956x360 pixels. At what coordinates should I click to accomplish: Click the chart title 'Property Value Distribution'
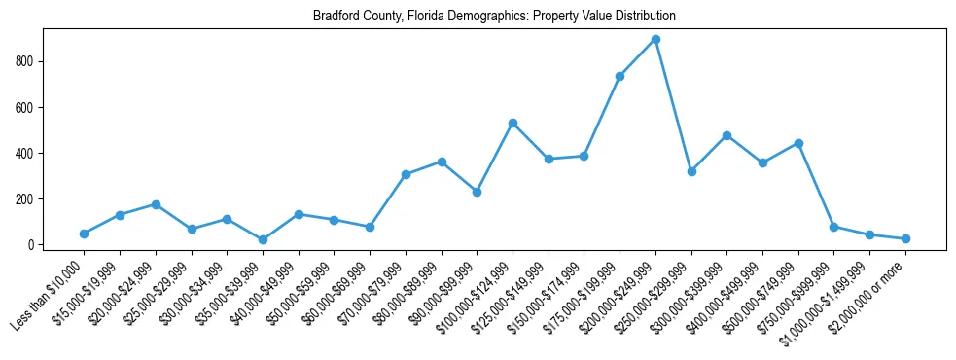494,17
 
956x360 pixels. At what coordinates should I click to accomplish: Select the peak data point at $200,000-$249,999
655,40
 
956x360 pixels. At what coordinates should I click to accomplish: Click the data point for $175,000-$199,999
620,76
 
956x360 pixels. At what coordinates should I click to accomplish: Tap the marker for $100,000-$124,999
513,124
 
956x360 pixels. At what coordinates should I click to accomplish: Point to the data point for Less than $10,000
84,234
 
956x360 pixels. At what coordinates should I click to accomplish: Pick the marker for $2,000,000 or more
905,238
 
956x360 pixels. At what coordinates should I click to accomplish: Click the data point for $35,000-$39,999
263,239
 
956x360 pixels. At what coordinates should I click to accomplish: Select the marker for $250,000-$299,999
691,171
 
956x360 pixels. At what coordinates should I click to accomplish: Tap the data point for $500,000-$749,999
798,143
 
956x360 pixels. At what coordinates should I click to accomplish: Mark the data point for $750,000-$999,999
834,227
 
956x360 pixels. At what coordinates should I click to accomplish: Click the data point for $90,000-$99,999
477,192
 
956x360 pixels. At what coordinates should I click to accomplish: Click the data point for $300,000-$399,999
726,135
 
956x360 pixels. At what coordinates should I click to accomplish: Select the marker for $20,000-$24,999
156,204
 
